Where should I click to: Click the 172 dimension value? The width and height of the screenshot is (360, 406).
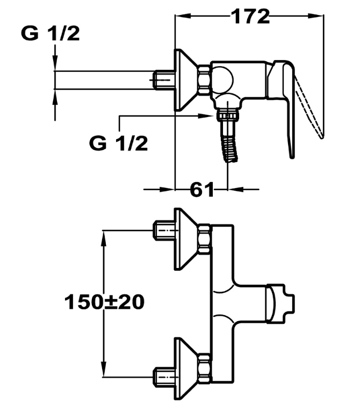point(251,16)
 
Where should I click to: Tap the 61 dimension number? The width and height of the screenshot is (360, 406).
point(202,190)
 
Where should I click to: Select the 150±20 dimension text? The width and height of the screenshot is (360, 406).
point(104,302)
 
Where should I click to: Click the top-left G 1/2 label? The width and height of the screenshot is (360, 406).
point(51,33)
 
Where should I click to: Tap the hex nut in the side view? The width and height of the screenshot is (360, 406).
point(205,80)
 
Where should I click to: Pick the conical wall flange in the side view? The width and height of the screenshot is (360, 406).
point(186,80)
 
